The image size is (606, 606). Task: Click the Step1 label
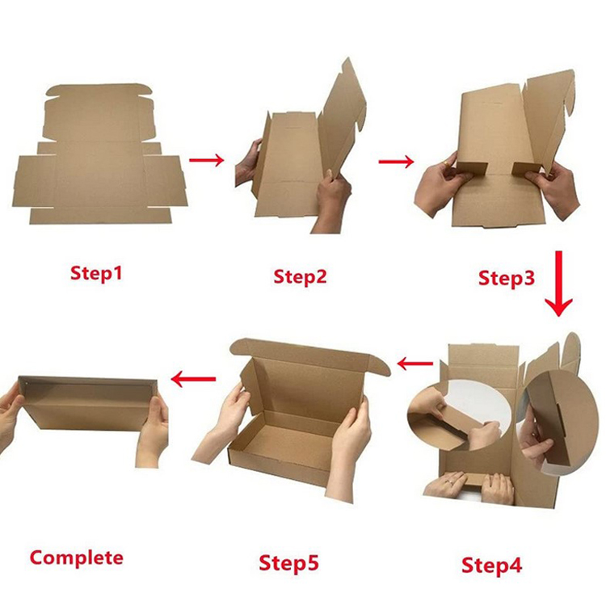click(x=95, y=274)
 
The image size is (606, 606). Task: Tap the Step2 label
click(x=300, y=276)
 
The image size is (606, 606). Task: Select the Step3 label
click(x=507, y=278)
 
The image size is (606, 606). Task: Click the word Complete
click(x=77, y=557)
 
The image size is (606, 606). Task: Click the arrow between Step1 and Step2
click(x=207, y=160)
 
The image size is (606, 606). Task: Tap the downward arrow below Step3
click(x=558, y=284)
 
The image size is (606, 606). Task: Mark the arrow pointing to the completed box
click(x=193, y=377)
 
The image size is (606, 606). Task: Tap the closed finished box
click(x=85, y=404)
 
